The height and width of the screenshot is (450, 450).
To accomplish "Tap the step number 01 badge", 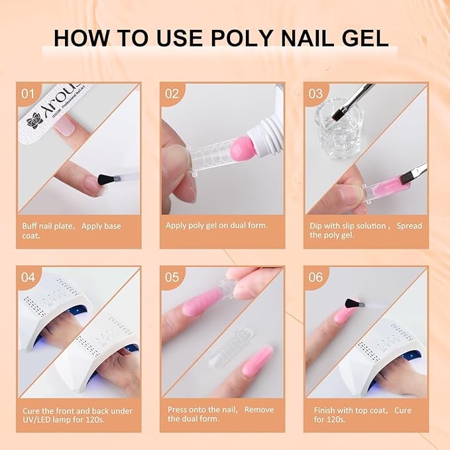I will pos(27,93).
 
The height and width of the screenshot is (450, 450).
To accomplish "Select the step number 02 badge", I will pos(172,93).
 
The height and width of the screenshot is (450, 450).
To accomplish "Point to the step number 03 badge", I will pos(315,93).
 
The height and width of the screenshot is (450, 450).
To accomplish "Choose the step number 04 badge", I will pos(27,277).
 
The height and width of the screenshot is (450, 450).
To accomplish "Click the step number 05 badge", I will pos(172,277).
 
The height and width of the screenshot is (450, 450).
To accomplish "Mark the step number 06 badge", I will pos(315,277).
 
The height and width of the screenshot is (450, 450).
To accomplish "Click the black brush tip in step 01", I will pos(103,180).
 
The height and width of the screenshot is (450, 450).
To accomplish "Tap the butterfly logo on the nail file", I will pos(34,120).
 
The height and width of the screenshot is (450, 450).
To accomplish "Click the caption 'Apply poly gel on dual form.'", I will pos(217,225).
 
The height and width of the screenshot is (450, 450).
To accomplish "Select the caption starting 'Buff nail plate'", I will pos(71,231).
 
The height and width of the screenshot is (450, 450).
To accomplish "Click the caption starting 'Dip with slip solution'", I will pos(365,231).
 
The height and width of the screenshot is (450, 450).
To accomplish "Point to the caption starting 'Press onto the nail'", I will pos(220,414).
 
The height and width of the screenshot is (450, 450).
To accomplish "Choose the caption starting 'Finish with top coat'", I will pos(363,414).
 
